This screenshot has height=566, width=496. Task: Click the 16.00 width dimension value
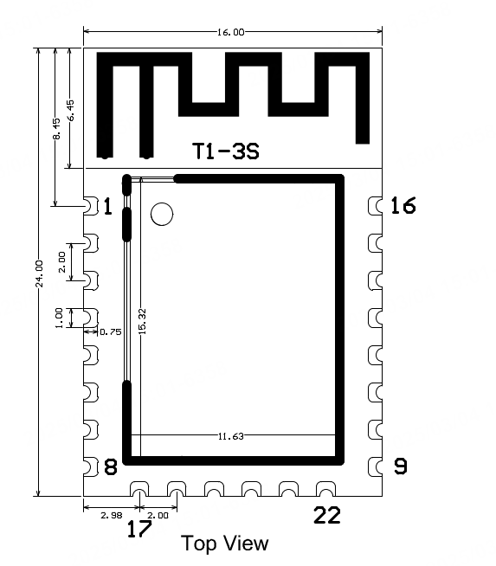click(x=230, y=32)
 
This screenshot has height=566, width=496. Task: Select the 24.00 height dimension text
click(x=39, y=273)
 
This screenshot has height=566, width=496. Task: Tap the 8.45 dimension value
click(x=57, y=128)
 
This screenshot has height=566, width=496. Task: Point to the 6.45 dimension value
click(x=71, y=111)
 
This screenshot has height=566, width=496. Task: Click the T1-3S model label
click(x=226, y=151)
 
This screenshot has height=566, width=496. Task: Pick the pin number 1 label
click(x=107, y=206)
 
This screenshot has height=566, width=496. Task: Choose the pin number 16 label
click(x=403, y=205)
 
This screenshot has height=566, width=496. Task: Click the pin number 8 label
click(x=111, y=466)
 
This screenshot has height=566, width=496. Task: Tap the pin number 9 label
click(x=400, y=466)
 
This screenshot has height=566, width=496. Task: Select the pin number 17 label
click(x=139, y=529)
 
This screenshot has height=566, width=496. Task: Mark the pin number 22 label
click(x=327, y=515)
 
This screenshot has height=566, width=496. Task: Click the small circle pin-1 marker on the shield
click(x=162, y=214)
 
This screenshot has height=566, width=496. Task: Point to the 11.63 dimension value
click(x=230, y=436)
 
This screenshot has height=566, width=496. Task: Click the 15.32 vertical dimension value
click(x=143, y=321)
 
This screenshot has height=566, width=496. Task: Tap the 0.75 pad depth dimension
click(x=111, y=331)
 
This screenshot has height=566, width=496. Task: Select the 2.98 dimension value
click(x=112, y=516)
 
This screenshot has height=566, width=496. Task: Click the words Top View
click(x=224, y=543)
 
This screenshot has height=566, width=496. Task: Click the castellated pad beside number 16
click(x=375, y=206)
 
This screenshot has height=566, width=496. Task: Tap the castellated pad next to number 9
click(x=375, y=466)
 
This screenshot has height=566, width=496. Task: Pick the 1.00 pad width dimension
click(x=59, y=318)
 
